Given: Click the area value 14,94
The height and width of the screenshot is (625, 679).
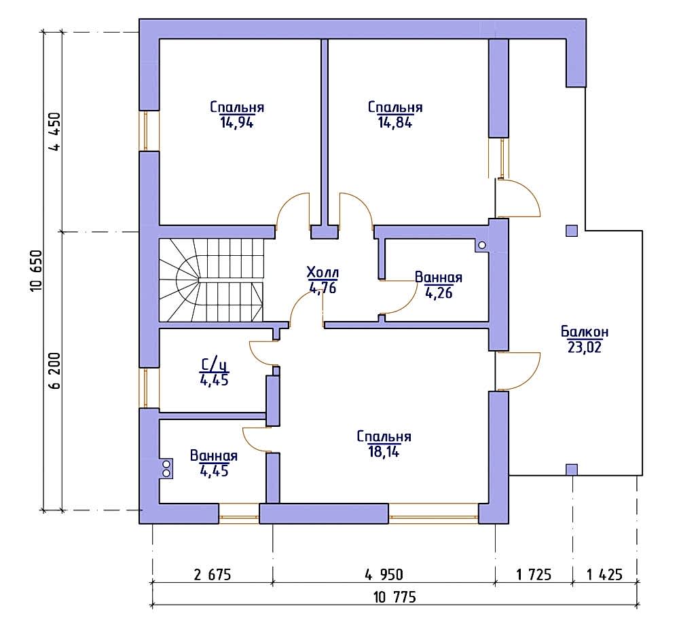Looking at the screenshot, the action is [236, 123].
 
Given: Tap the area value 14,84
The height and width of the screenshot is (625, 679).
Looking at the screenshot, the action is [395, 123].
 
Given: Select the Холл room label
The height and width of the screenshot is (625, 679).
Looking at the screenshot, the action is [323, 273].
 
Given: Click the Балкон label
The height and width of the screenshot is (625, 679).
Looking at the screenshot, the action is [585, 332].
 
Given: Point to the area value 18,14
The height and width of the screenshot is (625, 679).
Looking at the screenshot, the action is [384, 452].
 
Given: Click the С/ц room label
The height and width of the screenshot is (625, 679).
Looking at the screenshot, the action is [214, 366].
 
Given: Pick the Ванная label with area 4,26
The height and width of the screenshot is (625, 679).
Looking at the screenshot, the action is [438, 278].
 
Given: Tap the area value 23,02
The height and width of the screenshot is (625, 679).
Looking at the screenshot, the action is [585, 347].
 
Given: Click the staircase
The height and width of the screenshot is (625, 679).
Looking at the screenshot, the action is [211, 280].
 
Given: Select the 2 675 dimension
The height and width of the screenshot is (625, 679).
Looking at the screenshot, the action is [213, 575].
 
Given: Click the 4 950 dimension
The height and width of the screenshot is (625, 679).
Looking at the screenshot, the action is [384, 575].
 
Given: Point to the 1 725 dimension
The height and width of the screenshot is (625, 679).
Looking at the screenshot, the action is [534, 575].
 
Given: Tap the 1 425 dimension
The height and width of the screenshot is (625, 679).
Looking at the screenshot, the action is [604, 575].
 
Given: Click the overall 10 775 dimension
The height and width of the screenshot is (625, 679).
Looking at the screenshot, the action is [394, 597].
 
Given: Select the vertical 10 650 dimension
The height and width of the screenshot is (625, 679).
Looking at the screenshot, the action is [37, 271].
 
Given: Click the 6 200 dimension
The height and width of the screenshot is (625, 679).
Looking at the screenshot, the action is [55, 371].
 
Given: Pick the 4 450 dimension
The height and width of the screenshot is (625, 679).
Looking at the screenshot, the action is [55, 132].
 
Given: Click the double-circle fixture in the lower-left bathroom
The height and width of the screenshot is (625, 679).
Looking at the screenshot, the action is [166, 469].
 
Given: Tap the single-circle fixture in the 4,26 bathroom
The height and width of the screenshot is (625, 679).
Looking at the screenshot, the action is [481, 246].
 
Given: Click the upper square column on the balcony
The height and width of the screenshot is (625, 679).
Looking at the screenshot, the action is [572, 231].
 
